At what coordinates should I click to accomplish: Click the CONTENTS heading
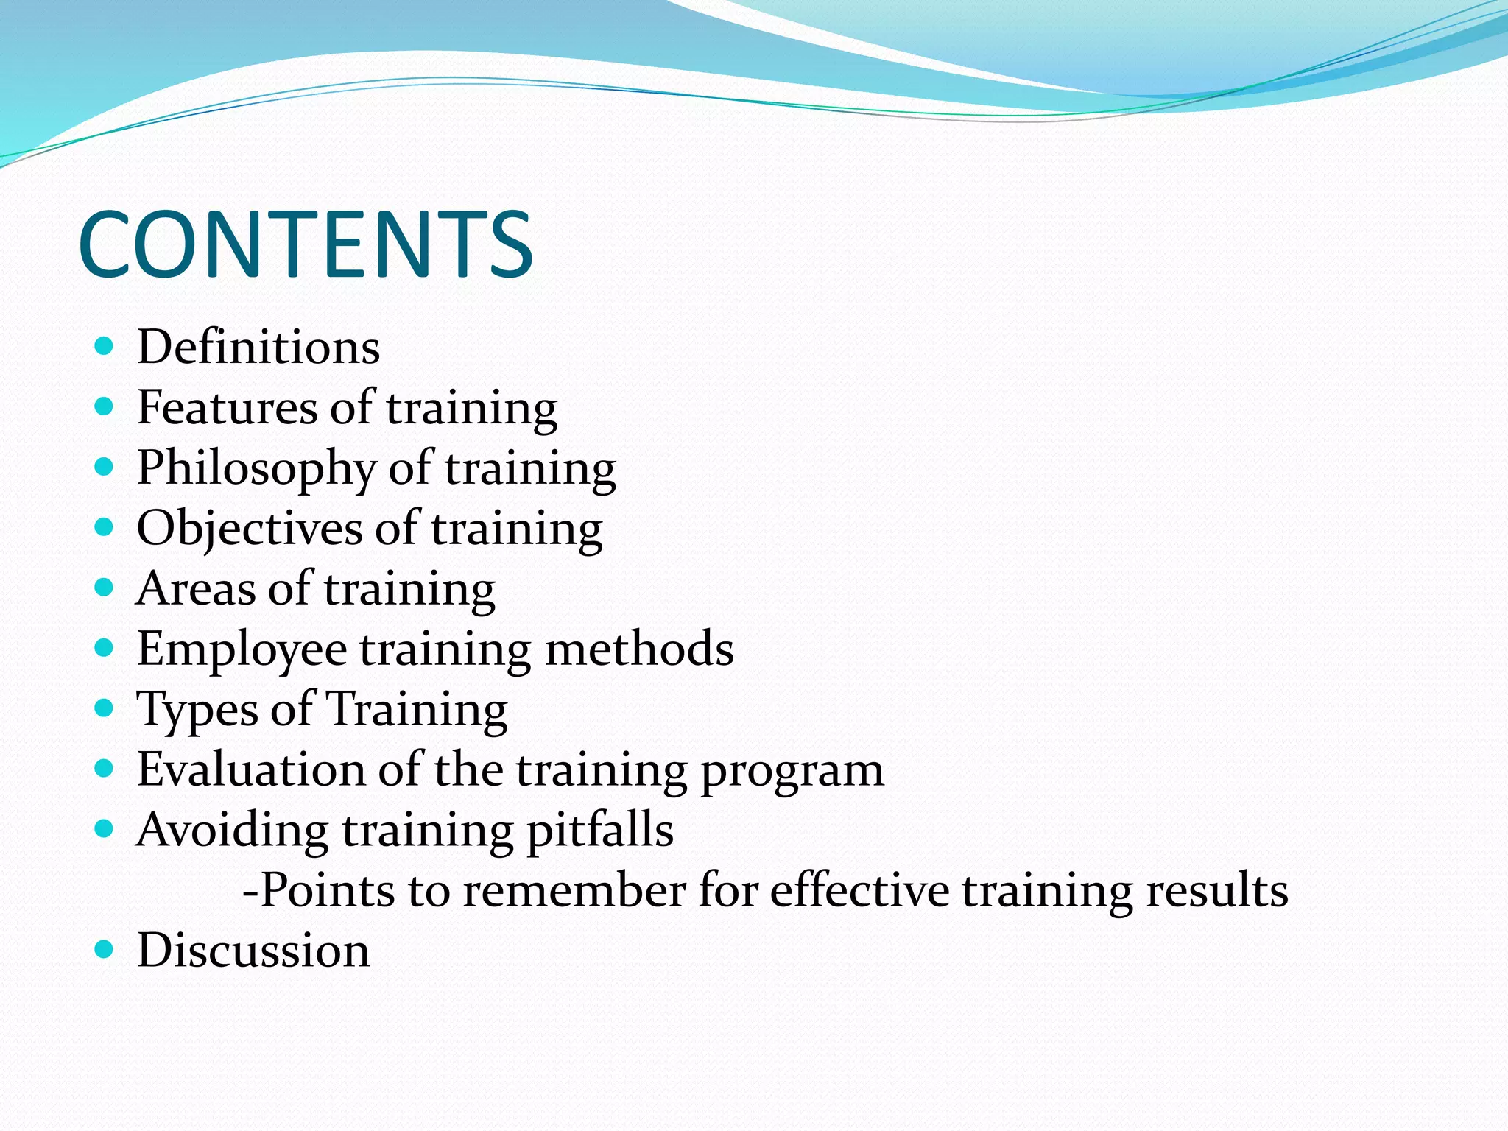pos(305,244)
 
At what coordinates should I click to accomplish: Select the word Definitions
pos(258,347)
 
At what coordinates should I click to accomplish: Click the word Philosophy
pos(256,468)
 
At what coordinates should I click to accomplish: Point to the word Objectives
pos(248,529)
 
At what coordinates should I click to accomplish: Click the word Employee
pos(242,649)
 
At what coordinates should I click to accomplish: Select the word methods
pos(639,649)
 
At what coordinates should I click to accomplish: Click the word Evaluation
pos(250,770)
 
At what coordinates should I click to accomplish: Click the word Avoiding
pos(232,831)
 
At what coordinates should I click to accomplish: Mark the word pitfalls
pos(600,831)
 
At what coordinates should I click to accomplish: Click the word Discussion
pos(253,951)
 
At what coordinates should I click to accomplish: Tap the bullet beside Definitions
pos(105,346)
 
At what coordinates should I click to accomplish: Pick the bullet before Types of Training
pos(105,708)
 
